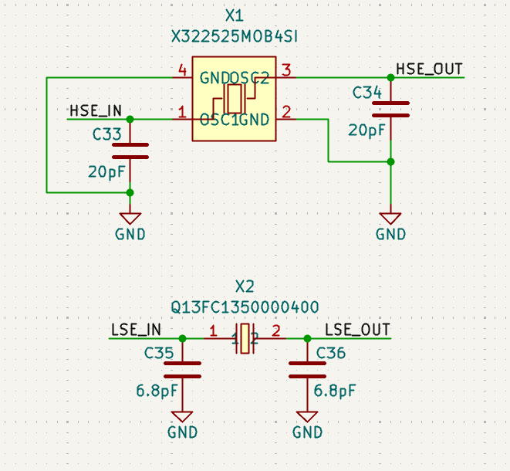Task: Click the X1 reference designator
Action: (234, 15)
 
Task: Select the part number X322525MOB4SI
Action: (234, 36)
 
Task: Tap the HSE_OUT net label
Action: (429, 69)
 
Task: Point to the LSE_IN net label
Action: (135, 330)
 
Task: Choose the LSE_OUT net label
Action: (357, 330)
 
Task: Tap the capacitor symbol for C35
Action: (183, 370)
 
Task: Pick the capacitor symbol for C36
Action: (307, 370)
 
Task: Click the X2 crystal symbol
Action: (245, 339)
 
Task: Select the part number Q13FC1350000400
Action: (245, 307)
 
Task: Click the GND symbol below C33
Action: (130, 219)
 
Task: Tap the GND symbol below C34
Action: (391, 219)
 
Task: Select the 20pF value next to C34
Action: (366, 130)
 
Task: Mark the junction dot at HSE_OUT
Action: (391, 77)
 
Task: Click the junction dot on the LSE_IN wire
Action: (183, 338)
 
